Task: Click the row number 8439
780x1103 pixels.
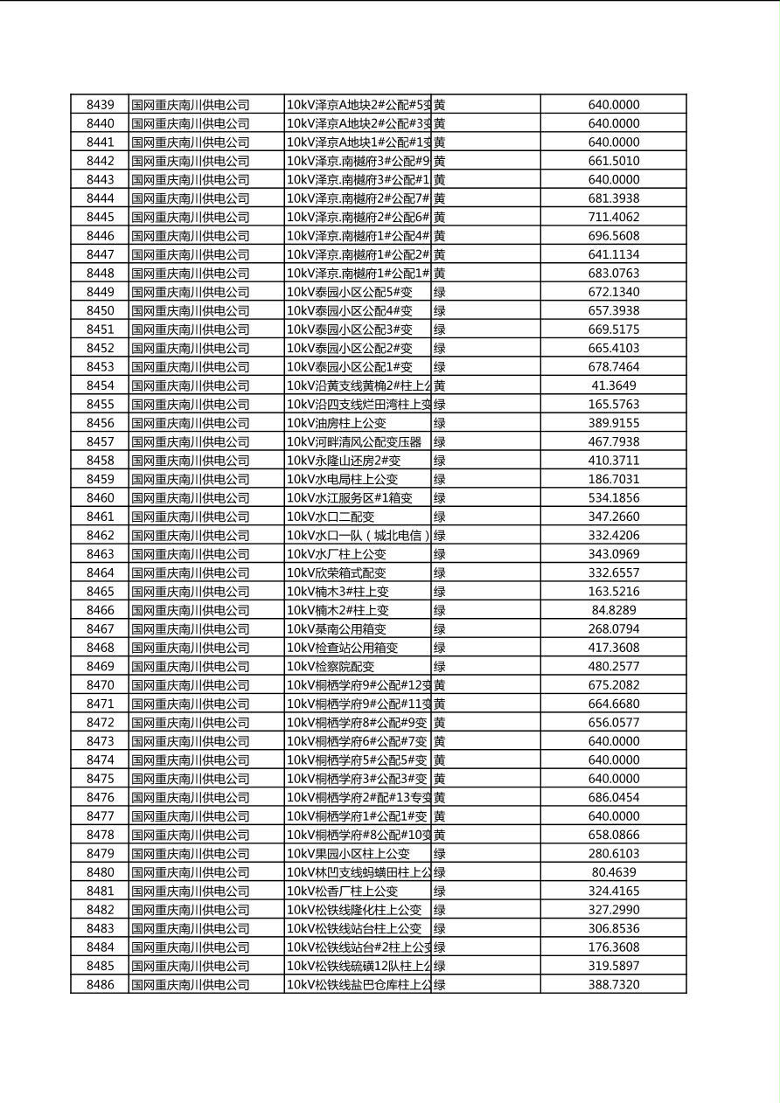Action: point(100,105)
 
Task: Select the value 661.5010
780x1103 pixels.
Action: point(613,161)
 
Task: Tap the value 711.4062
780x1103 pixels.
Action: point(613,217)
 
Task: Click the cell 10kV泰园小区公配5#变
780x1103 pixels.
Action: point(350,292)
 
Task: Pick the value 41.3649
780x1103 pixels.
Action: point(613,385)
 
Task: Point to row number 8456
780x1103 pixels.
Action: point(100,423)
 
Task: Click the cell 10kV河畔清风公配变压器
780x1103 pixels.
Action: point(355,442)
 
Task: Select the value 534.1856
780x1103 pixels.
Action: point(613,498)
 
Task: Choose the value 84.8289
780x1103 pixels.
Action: point(613,610)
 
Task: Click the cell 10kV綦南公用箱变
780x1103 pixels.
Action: point(337,629)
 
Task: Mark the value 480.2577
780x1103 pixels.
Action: point(613,666)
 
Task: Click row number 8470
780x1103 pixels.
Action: point(100,685)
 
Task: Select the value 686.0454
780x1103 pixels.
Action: point(613,797)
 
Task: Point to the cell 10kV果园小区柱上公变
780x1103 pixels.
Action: point(349,854)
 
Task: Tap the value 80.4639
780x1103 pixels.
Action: point(613,872)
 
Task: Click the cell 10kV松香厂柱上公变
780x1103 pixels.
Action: point(343,891)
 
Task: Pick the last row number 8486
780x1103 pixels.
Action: point(100,985)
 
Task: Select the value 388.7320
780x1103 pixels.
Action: point(613,985)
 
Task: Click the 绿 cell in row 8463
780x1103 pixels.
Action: point(440,554)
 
